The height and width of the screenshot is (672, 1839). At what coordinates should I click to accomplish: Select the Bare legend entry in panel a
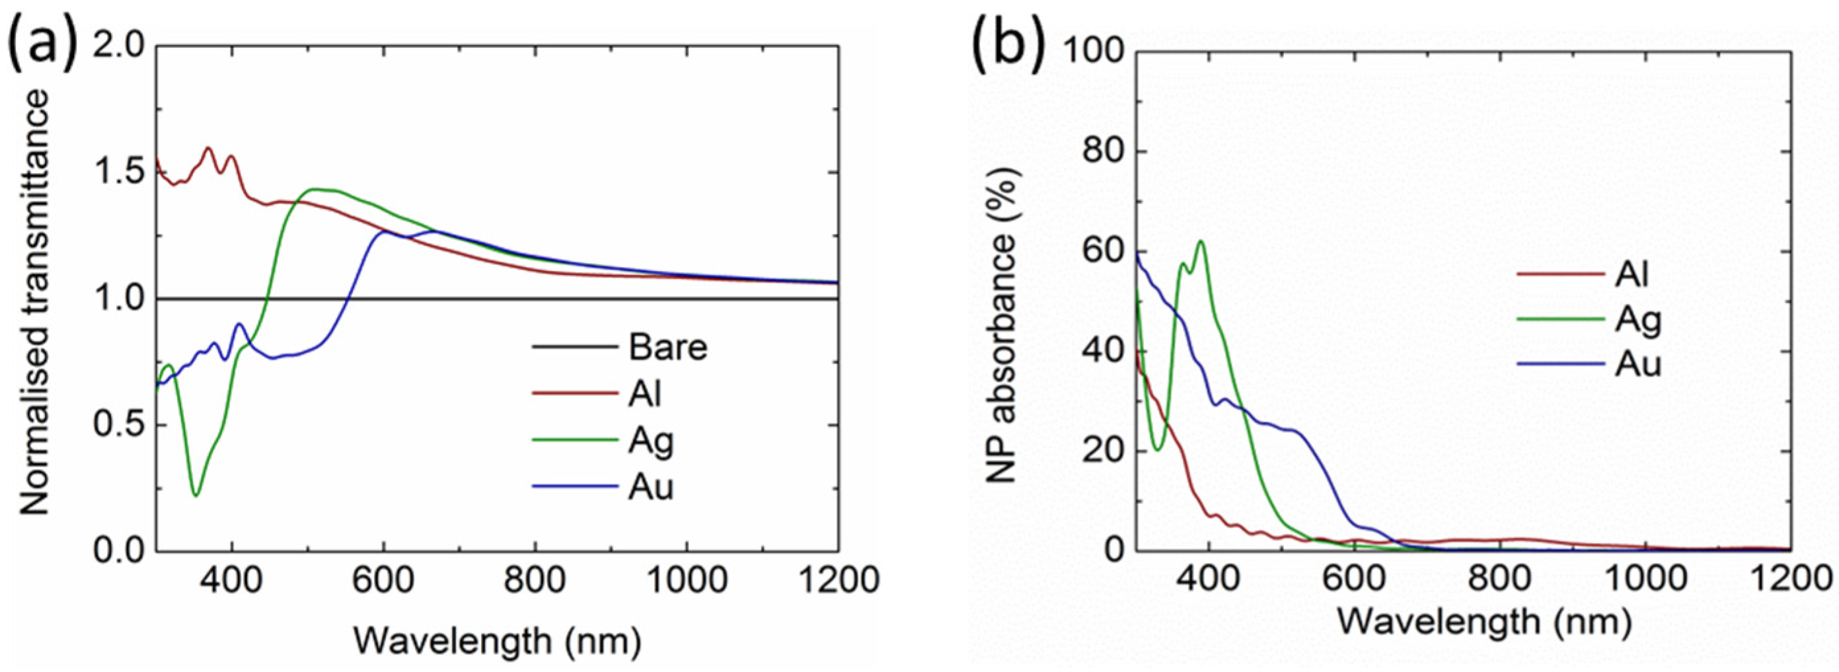pyautogui.click(x=667, y=348)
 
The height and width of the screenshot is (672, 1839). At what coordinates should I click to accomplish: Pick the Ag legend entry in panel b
pyautogui.click(x=1638, y=320)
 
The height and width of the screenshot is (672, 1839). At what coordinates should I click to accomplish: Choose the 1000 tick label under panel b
pyautogui.click(x=1645, y=580)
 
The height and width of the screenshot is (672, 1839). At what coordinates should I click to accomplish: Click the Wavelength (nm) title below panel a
pyautogui.click(x=498, y=640)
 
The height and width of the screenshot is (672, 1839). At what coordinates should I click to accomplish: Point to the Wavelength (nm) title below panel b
pyautogui.click(x=1484, y=621)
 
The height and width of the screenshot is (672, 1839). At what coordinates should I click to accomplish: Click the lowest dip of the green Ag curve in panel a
pyautogui.click(x=196, y=494)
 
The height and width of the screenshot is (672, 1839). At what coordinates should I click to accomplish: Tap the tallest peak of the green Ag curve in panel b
pyautogui.click(x=1201, y=241)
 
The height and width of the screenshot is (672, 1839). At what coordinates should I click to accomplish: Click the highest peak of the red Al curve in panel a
pyautogui.click(x=208, y=148)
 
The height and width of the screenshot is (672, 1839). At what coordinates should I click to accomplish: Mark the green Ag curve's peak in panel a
pyautogui.click(x=317, y=189)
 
